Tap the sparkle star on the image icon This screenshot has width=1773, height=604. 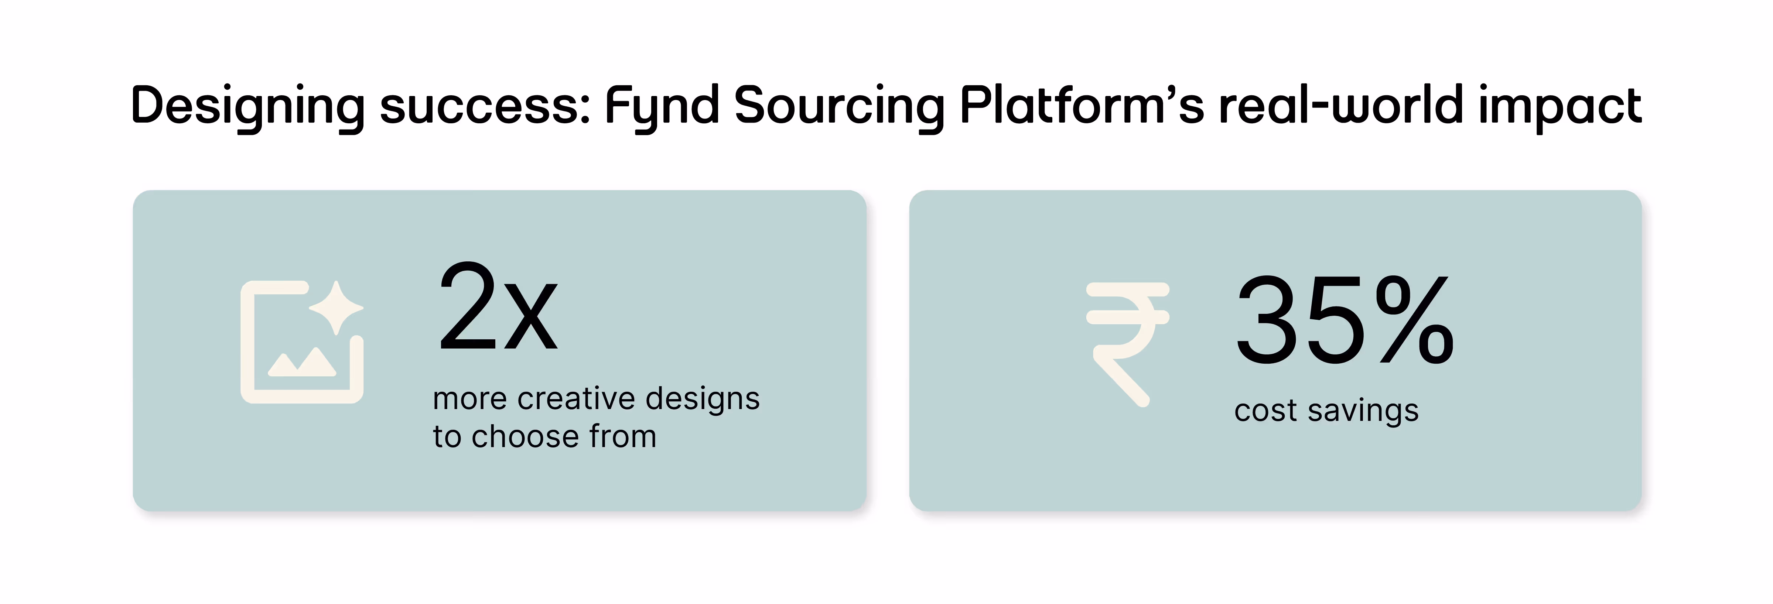(336, 308)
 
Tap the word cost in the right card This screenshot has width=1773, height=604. (1265, 411)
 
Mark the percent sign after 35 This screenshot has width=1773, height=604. (1414, 320)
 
